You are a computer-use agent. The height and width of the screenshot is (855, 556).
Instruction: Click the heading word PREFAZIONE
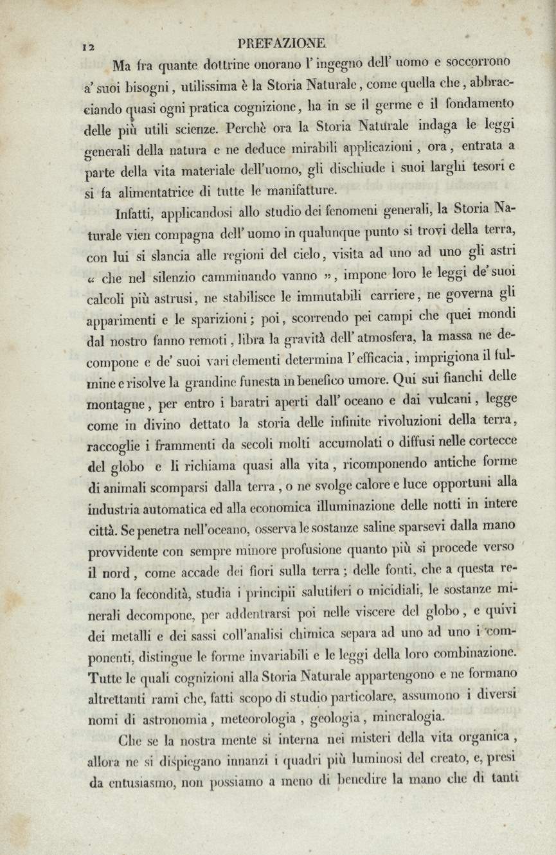(282, 43)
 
